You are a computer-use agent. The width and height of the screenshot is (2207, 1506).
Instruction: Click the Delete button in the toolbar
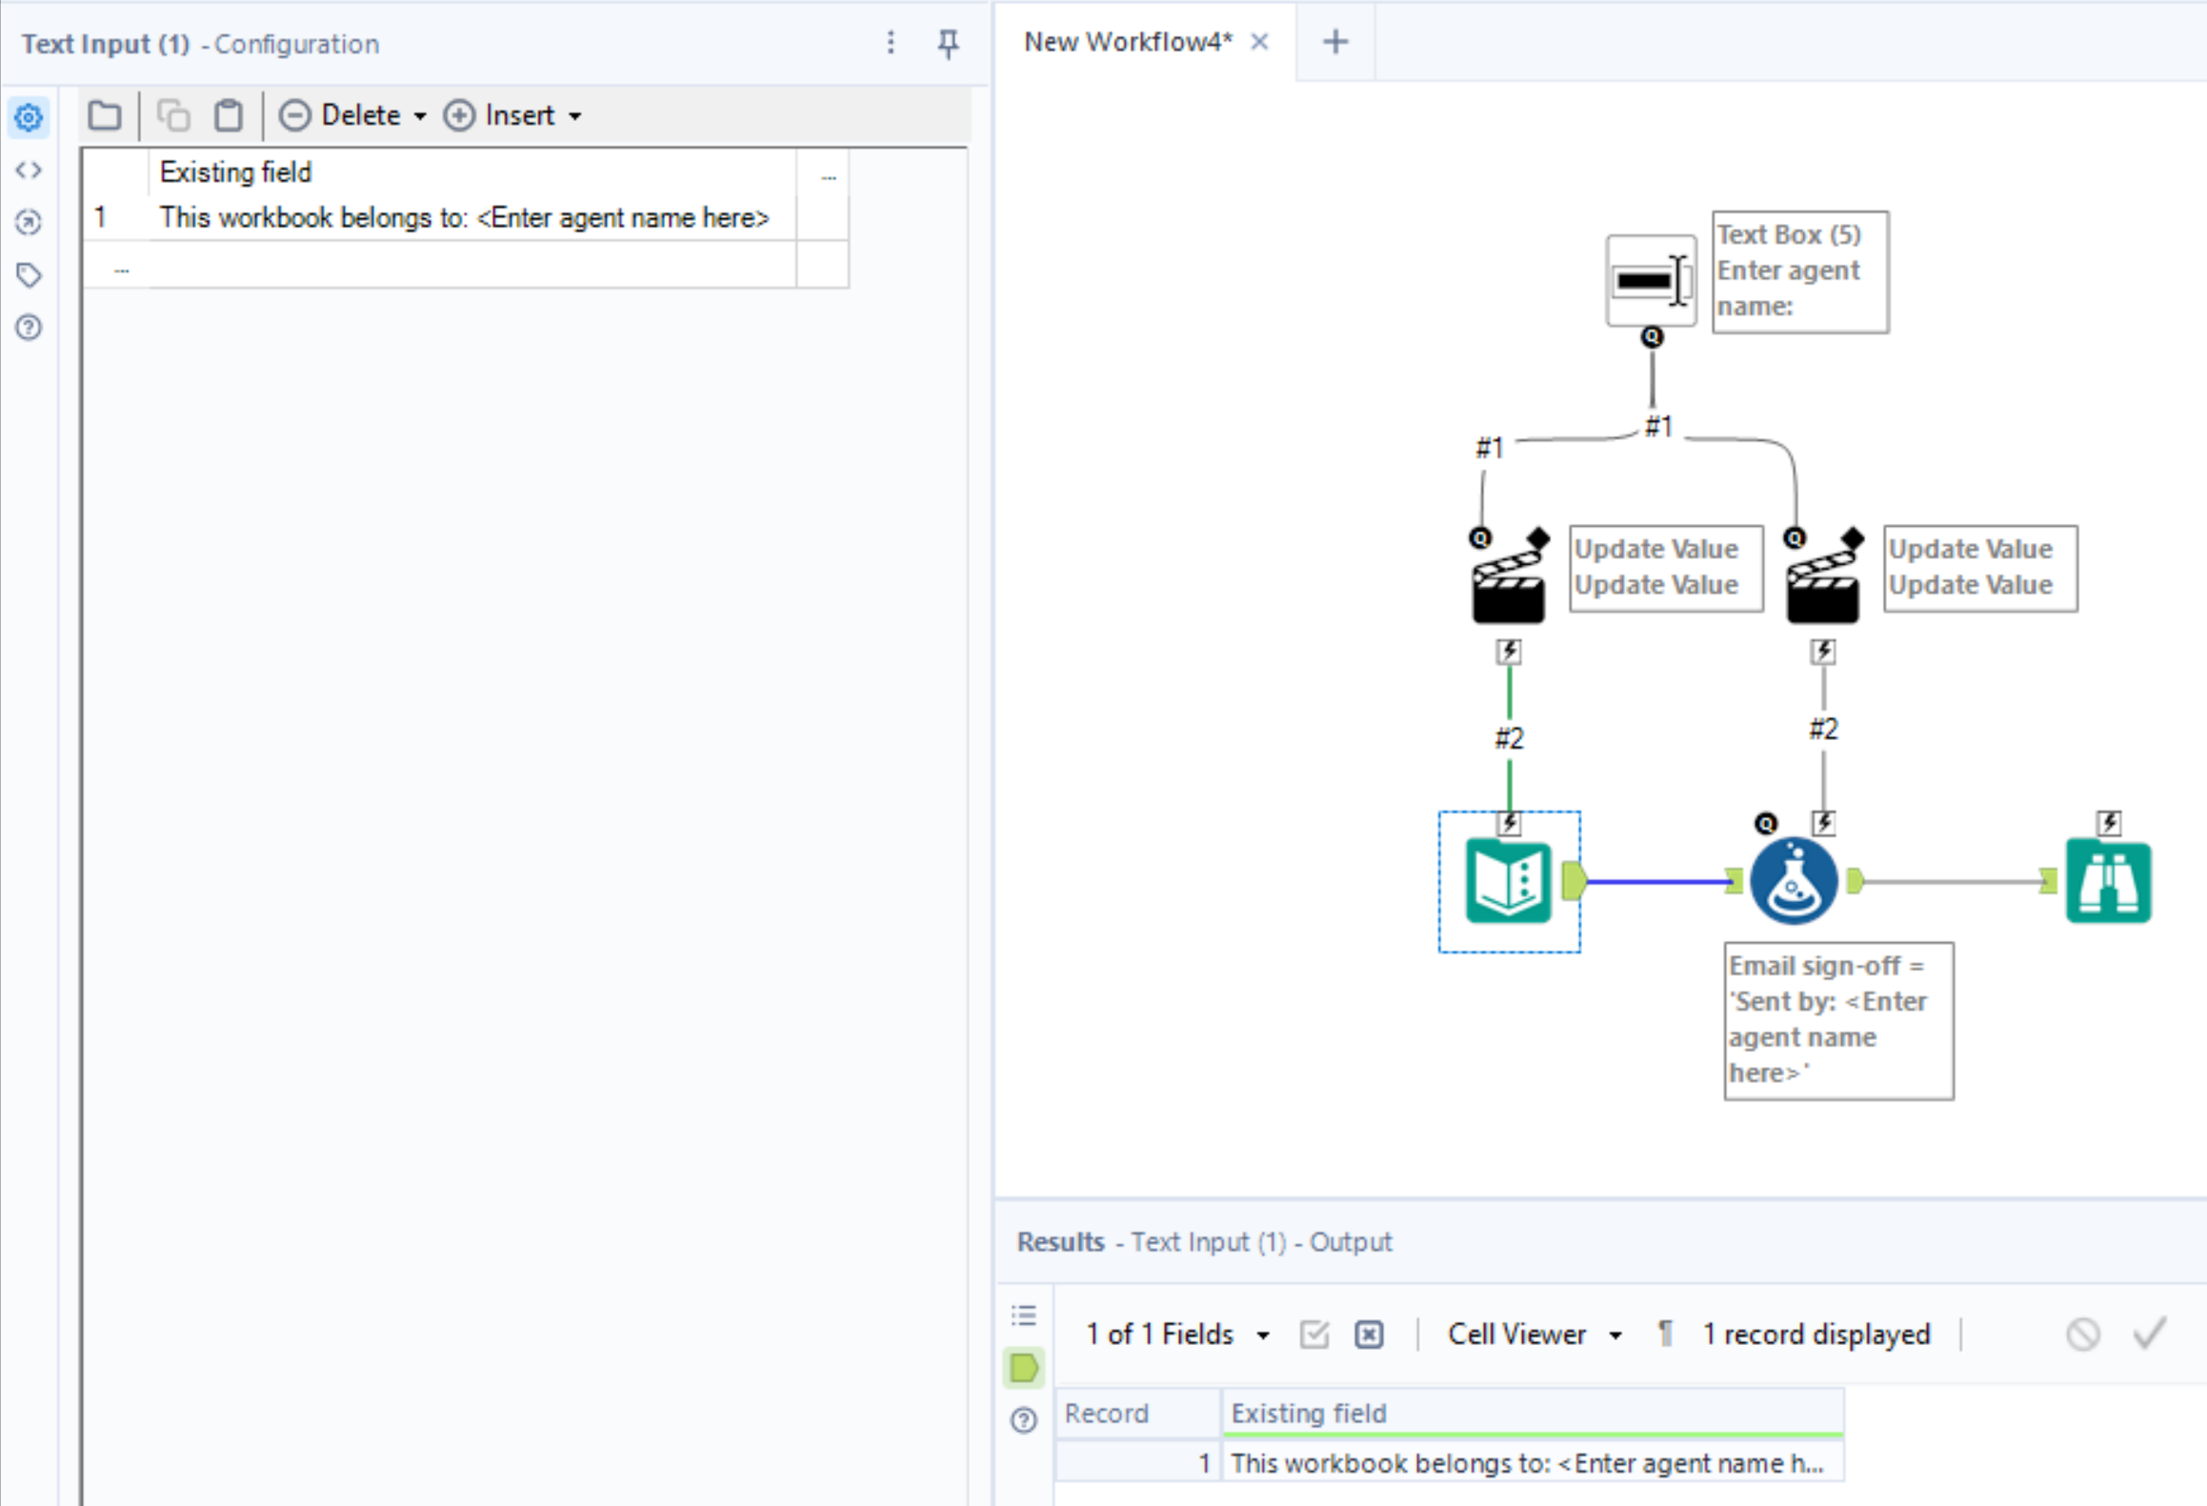pyautogui.click(x=351, y=115)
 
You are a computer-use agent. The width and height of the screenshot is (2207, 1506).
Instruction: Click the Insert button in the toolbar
pyautogui.click(x=512, y=115)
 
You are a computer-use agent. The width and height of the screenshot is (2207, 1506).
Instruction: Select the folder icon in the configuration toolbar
pyautogui.click(x=105, y=115)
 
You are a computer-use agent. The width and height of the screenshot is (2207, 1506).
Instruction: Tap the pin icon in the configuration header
pyautogui.click(x=948, y=43)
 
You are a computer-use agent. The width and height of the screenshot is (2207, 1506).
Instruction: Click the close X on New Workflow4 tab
pyautogui.click(x=1259, y=42)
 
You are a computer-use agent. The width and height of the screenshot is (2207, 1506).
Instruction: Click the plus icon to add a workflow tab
pyautogui.click(x=1335, y=42)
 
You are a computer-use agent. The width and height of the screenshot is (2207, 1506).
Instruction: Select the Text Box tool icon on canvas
pyautogui.click(x=1651, y=281)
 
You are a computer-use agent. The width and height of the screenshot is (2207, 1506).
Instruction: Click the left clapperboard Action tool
pyautogui.click(x=1508, y=580)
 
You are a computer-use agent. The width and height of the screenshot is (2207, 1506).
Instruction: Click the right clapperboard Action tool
pyautogui.click(x=1822, y=580)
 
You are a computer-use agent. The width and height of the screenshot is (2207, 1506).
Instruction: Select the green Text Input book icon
pyautogui.click(x=1508, y=881)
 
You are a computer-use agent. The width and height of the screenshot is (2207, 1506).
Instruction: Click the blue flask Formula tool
pyautogui.click(x=1794, y=881)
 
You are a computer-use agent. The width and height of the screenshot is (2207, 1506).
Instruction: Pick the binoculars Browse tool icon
pyautogui.click(x=2108, y=881)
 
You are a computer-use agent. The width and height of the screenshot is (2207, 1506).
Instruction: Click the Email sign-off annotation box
pyautogui.click(x=1837, y=1020)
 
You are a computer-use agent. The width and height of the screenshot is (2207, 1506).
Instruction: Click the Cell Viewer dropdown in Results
pyautogui.click(x=1534, y=1335)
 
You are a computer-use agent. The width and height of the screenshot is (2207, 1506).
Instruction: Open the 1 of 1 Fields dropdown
pyautogui.click(x=1177, y=1335)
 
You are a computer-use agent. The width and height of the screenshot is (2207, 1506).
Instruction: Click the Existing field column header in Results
pyautogui.click(x=1532, y=1414)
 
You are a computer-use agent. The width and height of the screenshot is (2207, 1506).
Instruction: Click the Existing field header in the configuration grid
pyautogui.click(x=471, y=172)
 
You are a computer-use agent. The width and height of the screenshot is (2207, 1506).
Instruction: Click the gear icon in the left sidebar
pyautogui.click(x=29, y=118)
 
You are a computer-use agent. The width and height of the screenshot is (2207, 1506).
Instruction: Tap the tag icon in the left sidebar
pyautogui.click(x=29, y=275)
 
